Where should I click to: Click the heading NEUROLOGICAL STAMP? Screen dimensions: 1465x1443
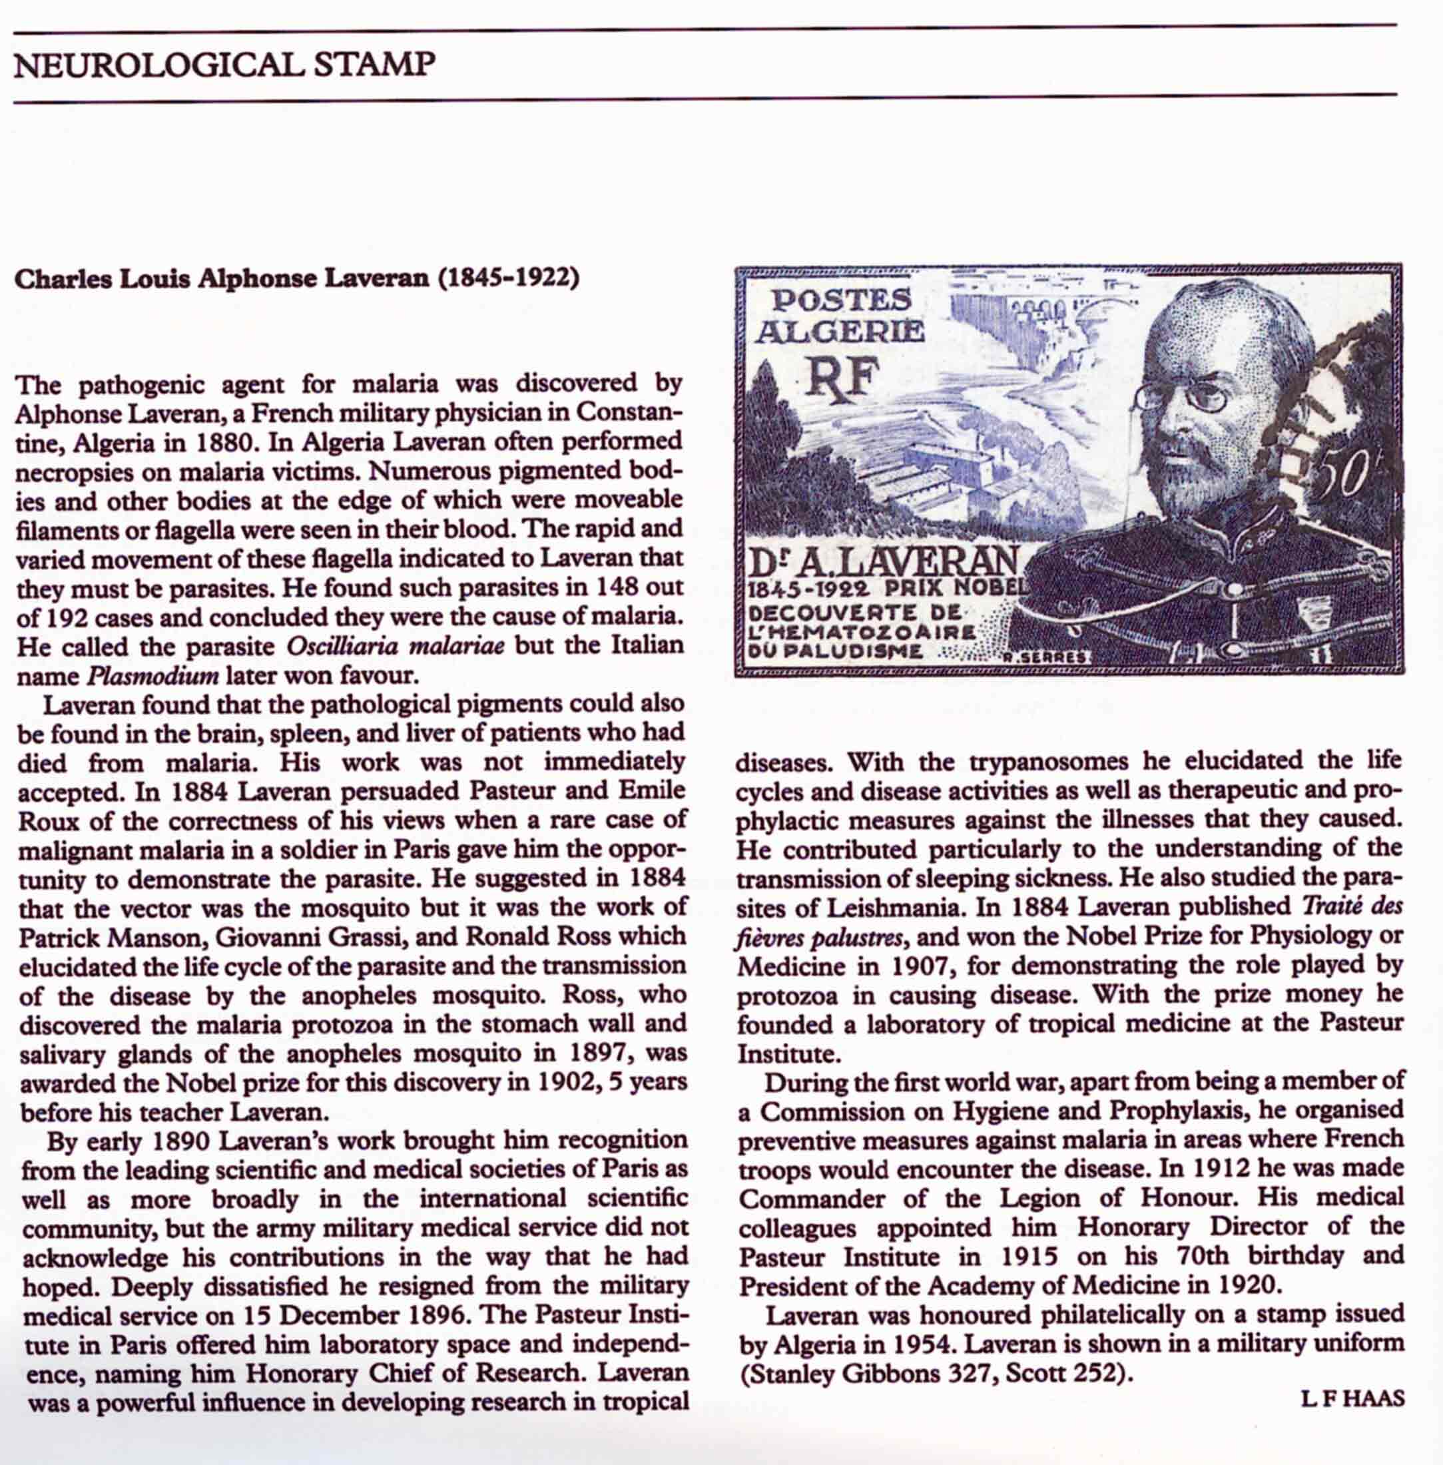click(x=224, y=65)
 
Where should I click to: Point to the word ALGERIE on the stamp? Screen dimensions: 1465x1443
click(x=842, y=332)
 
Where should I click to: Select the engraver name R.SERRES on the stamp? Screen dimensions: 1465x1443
click(x=1044, y=659)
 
